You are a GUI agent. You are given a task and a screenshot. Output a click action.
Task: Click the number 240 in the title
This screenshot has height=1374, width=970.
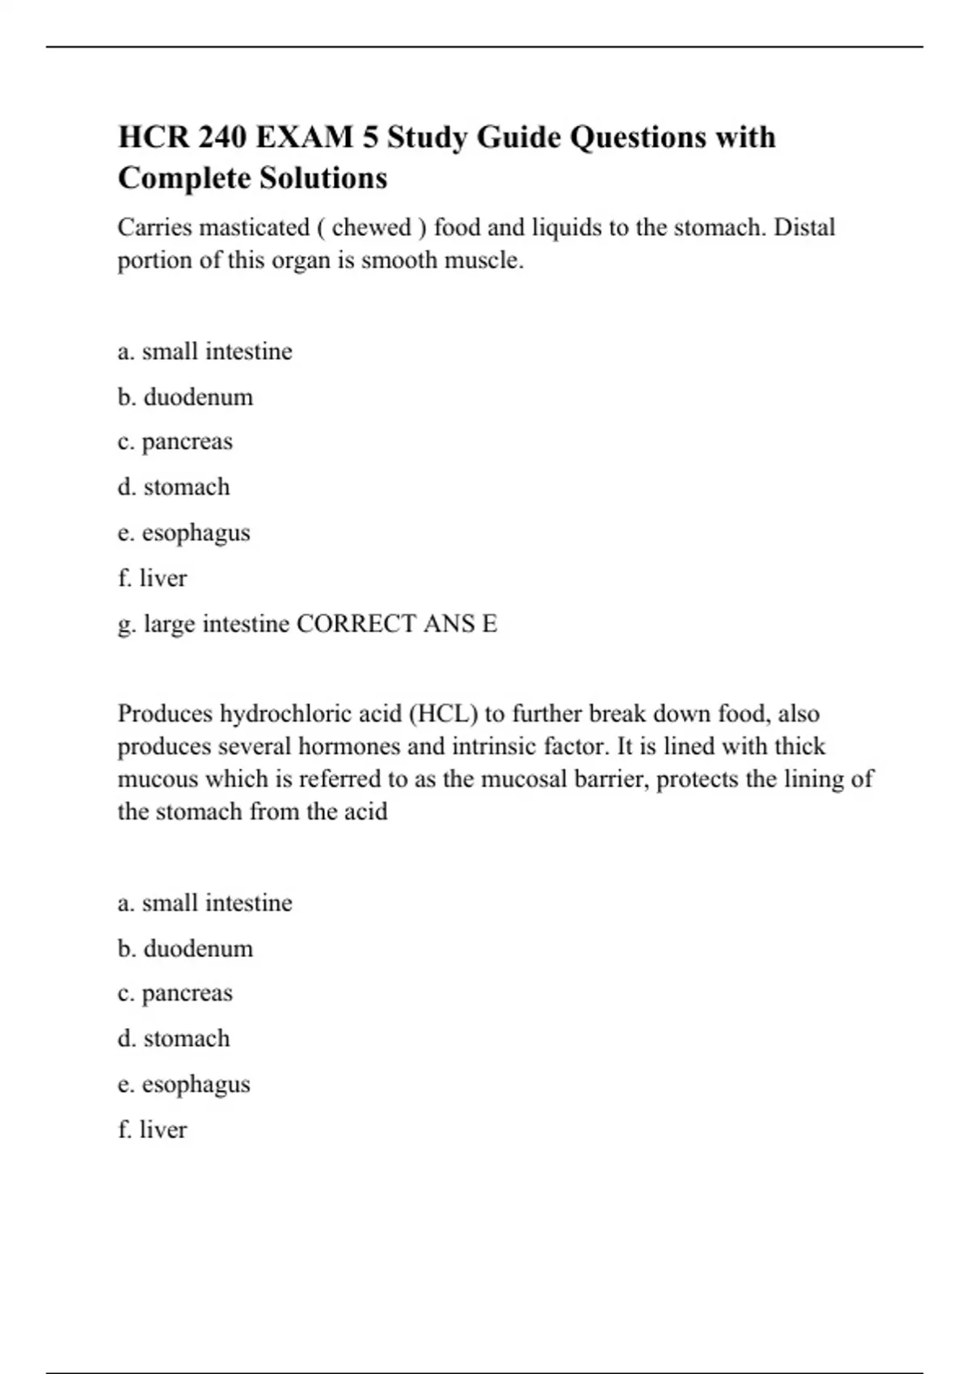pyautogui.click(x=222, y=137)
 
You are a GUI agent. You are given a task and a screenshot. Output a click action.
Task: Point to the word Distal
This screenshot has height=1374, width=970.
pyautogui.click(x=804, y=228)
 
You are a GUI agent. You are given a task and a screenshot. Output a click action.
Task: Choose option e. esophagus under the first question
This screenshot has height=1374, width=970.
pyautogui.click(x=184, y=533)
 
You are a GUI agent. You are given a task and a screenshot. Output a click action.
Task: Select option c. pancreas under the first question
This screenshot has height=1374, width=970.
pyautogui.click(x=175, y=442)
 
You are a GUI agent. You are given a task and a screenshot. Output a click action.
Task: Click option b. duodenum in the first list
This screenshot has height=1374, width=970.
pyautogui.click(x=185, y=397)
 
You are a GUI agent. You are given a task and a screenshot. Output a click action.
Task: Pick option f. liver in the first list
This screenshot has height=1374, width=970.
pyautogui.click(x=153, y=579)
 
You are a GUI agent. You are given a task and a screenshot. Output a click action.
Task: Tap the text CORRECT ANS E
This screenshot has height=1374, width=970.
pyautogui.click(x=397, y=624)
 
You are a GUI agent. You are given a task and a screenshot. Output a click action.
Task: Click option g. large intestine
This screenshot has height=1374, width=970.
pyautogui.click(x=204, y=624)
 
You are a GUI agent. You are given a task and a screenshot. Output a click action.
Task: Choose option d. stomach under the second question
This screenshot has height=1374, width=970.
pyautogui.click(x=174, y=1039)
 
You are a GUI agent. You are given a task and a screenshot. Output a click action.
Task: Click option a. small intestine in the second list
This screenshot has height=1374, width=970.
pyautogui.click(x=205, y=903)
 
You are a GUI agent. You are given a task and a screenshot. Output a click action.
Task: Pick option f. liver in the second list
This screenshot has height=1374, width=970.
pyautogui.click(x=153, y=1130)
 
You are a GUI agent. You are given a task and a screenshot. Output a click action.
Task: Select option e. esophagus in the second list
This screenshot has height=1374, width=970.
pyautogui.click(x=184, y=1085)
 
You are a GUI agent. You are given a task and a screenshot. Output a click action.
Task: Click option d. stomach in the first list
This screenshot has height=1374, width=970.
pyautogui.click(x=174, y=487)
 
